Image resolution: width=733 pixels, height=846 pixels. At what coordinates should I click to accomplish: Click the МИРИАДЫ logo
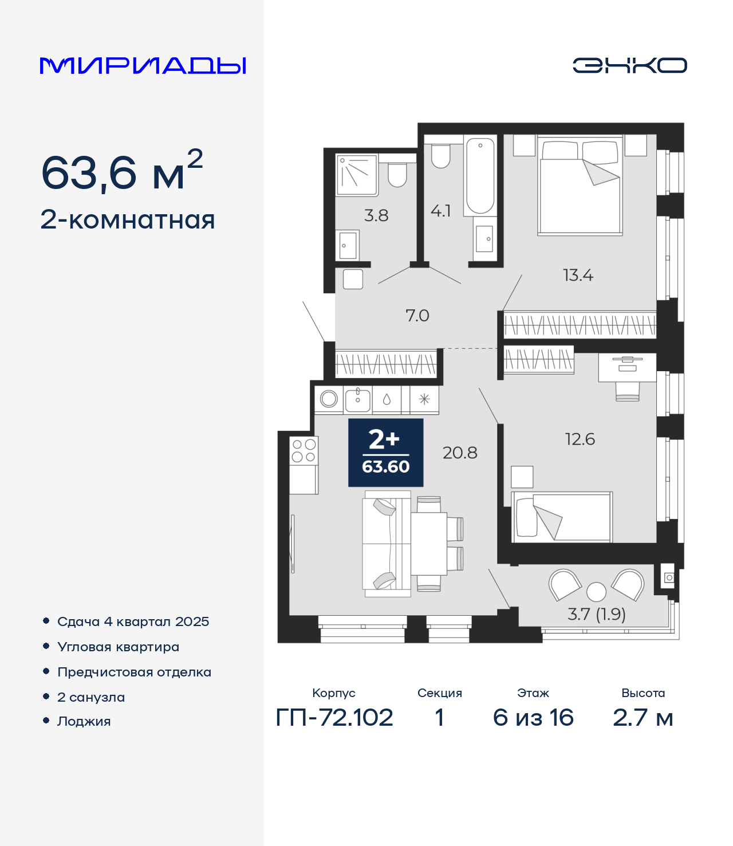[143, 65]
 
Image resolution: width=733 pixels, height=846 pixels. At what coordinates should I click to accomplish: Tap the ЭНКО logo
[629, 65]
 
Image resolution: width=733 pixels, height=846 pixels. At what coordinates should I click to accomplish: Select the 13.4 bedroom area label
[578, 276]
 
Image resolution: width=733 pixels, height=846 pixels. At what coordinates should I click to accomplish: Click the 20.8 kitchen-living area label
[460, 453]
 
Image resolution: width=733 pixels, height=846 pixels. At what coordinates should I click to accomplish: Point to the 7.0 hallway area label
[417, 316]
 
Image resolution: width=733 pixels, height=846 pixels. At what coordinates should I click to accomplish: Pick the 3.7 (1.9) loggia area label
[596, 614]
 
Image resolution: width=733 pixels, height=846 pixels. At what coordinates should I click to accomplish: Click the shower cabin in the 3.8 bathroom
[356, 175]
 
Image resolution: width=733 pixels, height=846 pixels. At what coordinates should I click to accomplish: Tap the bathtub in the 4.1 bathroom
[480, 176]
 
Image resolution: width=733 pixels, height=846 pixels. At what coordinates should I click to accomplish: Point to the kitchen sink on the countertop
[357, 400]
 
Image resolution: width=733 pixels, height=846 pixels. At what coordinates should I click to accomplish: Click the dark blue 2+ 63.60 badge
[385, 452]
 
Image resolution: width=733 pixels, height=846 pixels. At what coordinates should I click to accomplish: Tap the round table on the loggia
[596, 592]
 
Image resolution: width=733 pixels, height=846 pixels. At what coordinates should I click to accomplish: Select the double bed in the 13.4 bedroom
[580, 186]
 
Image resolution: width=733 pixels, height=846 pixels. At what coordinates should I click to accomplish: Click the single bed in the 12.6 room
[562, 517]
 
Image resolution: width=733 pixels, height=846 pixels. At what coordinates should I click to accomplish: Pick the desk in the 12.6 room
[627, 368]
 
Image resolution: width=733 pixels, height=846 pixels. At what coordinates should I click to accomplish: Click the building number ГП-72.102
[334, 718]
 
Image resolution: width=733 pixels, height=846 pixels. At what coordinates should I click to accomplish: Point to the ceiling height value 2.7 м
[643, 718]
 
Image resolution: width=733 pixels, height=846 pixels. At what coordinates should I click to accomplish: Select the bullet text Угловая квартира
[119, 647]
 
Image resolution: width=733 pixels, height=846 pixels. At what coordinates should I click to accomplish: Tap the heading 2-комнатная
[128, 220]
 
